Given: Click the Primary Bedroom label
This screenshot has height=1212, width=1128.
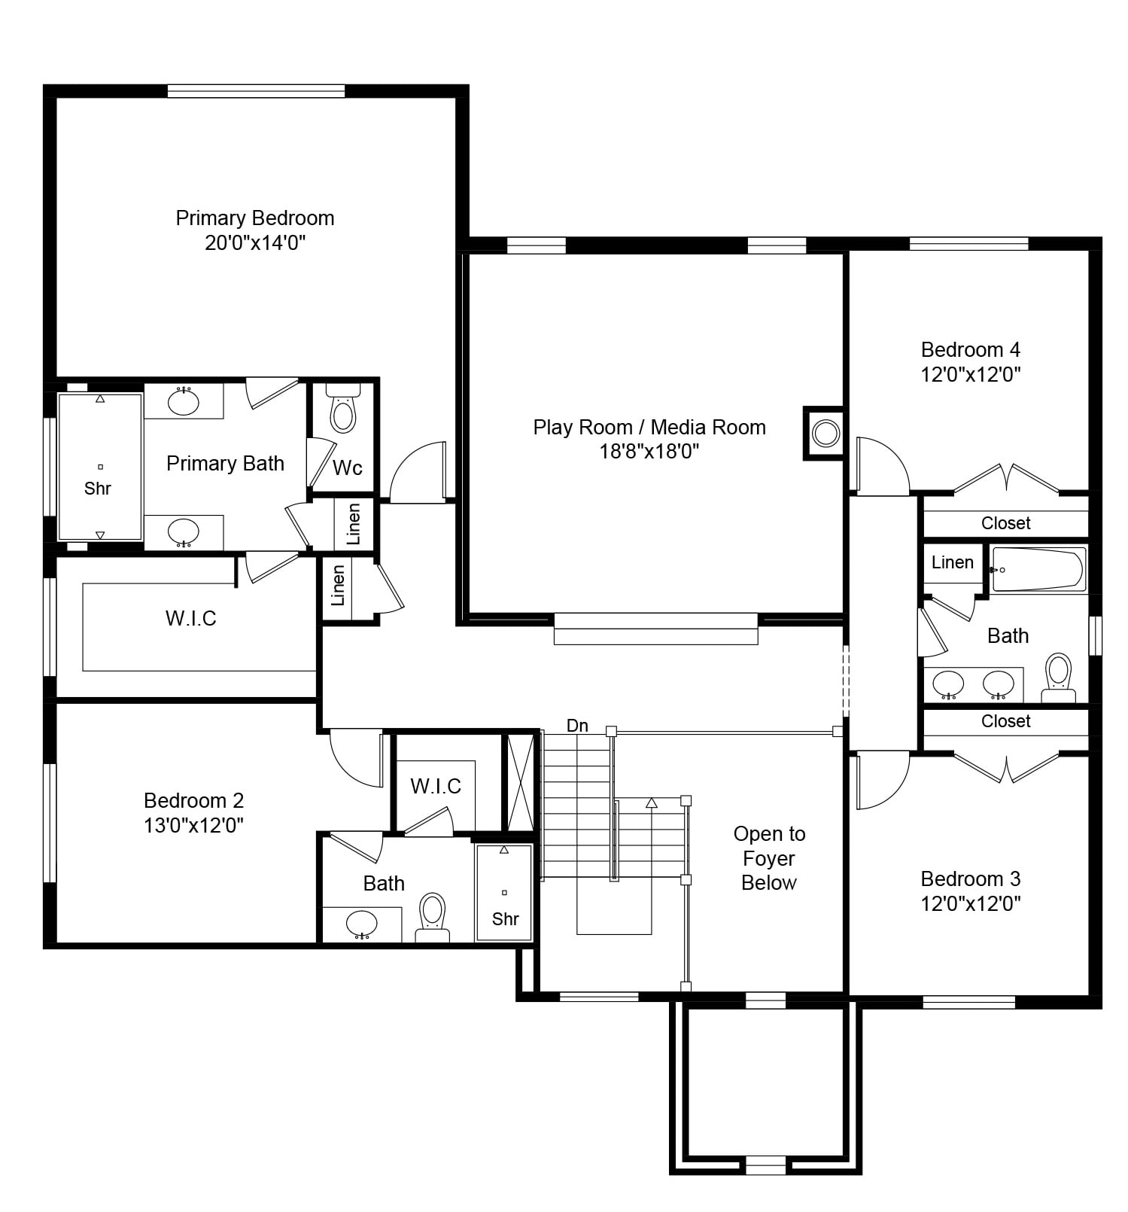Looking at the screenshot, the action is (255, 218).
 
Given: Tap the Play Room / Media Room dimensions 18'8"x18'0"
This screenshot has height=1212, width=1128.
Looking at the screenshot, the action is (649, 452).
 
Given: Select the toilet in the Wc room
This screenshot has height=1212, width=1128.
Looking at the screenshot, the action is (343, 409).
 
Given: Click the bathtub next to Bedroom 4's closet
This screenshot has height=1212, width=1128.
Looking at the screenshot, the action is (1038, 569).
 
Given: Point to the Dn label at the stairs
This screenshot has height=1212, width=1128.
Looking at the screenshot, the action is (577, 726).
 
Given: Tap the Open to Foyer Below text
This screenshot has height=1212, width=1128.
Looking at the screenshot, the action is (769, 858).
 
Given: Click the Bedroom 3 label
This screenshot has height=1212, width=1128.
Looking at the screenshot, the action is (971, 879).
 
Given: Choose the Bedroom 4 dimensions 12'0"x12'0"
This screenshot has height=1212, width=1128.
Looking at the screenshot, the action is (971, 374).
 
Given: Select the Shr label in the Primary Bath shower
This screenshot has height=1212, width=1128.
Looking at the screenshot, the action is (98, 489).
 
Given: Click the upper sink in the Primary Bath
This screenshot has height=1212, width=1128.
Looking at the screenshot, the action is (184, 401).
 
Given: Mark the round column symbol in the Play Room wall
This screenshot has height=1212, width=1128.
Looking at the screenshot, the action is (825, 434).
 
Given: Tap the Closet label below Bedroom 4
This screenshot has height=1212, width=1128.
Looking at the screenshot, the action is (1006, 523).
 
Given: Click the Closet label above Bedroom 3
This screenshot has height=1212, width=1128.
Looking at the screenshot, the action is (1006, 721).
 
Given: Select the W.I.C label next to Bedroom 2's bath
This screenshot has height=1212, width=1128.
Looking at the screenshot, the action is (436, 787).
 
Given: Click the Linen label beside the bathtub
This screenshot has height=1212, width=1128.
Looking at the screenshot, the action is (953, 562).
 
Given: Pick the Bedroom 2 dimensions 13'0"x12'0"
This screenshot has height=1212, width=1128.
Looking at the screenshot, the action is (194, 826).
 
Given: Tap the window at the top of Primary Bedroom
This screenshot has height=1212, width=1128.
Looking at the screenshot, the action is (256, 91).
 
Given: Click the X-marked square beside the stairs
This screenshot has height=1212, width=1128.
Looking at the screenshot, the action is (521, 784).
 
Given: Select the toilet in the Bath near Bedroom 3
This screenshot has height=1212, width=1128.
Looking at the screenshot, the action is (1059, 677).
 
